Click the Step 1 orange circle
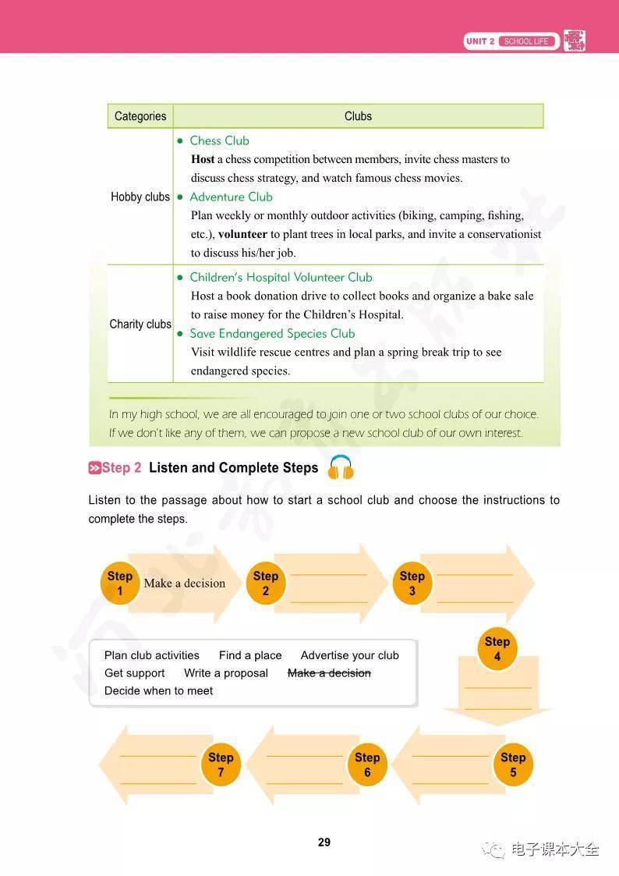click(x=119, y=583)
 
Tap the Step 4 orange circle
click(x=497, y=649)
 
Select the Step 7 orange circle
click(x=221, y=764)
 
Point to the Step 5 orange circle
click(x=513, y=764)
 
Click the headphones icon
click(x=341, y=467)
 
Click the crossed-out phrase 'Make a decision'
click(x=329, y=673)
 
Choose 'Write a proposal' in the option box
click(x=226, y=673)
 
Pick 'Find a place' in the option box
click(x=250, y=655)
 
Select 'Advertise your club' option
click(x=349, y=655)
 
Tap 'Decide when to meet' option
click(x=158, y=690)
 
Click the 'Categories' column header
click(x=140, y=116)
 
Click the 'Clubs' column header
click(x=358, y=116)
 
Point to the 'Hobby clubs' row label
click(x=140, y=197)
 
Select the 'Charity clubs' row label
click(x=140, y=324)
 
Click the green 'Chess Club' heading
click(x=219, y=140)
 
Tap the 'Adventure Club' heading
click(x=231, y=197)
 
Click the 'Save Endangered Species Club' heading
click(x=272, y=333)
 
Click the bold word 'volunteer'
click(x=242, y=234)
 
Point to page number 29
click(x=324, y=842)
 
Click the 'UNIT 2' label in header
click(x=480, y=41)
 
